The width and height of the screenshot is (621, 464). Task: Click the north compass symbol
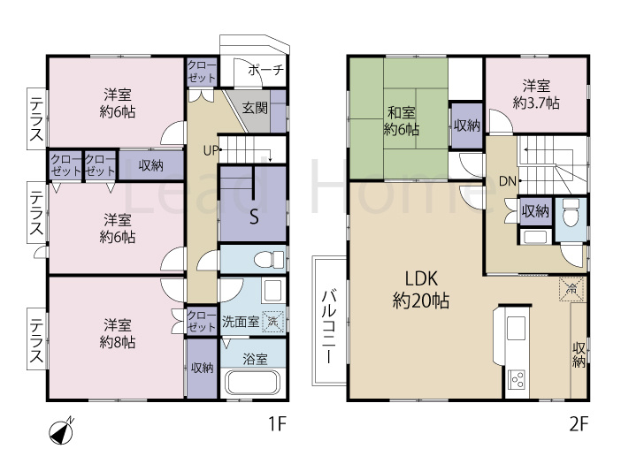[x=61, y=431]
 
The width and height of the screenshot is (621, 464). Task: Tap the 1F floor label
[x=277, y=423]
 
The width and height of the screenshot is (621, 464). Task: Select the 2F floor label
[x=579, y=424]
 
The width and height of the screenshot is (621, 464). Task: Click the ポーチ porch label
[x=265, y=70]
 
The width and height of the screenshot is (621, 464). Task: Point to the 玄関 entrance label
[x=255, y=108]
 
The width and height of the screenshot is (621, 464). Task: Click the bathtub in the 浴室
[x=253, y=382]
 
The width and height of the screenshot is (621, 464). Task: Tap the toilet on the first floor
[x=269, y=260]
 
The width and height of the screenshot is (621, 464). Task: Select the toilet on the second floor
[x=571, y=213]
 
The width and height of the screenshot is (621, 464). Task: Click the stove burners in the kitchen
[x=517, y=381]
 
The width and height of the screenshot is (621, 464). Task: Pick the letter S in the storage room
[x=254, y=217]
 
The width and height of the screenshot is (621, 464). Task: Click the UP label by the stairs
[x=211, y=150]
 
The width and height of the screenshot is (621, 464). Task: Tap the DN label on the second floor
[x=508, y=181]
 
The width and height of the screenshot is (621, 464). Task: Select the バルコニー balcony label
[x=328, y=327]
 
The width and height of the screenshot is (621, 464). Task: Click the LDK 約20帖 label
[x=421, y=290]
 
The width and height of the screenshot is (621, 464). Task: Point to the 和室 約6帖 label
[x=402, y=121]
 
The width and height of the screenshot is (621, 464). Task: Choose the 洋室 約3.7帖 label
[x=536, y=95]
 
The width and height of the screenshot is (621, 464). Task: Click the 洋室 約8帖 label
[x=118, y=334]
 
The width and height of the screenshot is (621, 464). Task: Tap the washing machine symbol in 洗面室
[x=273, y=321]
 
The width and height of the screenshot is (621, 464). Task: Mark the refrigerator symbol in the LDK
[x=571, y=289]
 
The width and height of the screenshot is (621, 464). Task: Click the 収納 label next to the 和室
[x=467, y=126]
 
